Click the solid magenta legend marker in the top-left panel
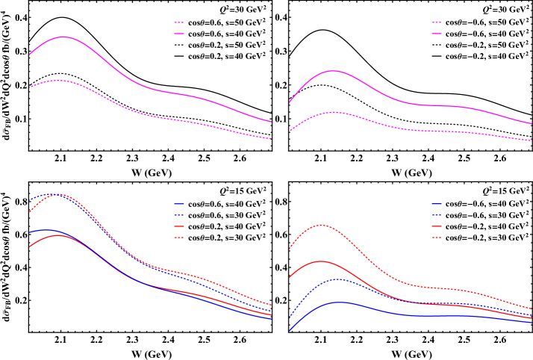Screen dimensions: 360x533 (179, 22)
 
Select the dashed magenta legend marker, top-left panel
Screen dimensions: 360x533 (179, 34)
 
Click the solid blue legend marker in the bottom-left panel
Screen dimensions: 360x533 (179, 203)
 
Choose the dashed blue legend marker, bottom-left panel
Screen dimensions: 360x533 (179, 214)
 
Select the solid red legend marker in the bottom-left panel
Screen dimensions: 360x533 (179, 226)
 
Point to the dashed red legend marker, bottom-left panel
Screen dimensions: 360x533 (179, 238)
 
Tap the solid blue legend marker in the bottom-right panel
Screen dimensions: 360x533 (437, 203)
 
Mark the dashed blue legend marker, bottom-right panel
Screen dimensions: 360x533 (437, 214)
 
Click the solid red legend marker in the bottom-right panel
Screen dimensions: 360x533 (437, 226)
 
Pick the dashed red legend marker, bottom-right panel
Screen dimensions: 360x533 (437, 238)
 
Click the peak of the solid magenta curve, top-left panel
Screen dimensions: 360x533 (63, 37)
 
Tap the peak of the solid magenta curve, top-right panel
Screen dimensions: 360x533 (332, 71)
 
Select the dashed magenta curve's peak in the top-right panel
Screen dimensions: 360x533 (334, 112)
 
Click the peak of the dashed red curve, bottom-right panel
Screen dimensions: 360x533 (322, 224)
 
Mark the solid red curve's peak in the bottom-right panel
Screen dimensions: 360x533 (322, 261)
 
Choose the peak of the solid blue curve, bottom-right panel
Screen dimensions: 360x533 (340, 302)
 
